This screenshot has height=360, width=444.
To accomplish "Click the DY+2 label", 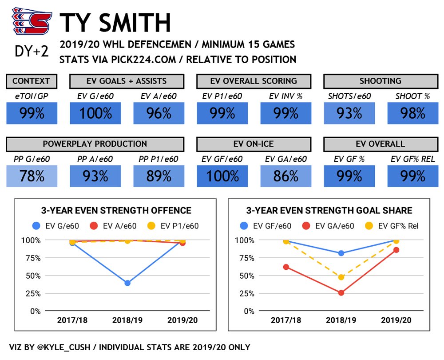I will tap(32, 52).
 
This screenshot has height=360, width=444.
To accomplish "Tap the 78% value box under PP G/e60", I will tap(32, 176).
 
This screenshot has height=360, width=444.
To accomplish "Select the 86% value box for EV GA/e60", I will tap(286, 176).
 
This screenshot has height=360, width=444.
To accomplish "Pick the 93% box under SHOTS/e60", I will tap(349, 113).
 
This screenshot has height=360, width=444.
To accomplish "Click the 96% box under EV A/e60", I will tap(159, 113).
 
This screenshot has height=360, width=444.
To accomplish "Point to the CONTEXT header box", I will tap(32, 81).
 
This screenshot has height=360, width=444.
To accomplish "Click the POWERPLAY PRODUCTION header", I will tap(95, 144).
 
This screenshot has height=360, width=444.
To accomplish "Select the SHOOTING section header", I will tap(381, 81).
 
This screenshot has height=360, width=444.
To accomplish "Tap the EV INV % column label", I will tap(285, 96).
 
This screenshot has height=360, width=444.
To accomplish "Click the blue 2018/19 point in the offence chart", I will tap(127, 283).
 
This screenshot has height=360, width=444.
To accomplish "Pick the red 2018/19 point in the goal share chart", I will tap(341, 293).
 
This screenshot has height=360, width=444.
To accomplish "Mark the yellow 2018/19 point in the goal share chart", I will tap(341, 277).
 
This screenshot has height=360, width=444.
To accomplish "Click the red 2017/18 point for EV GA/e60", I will tap(286, 267).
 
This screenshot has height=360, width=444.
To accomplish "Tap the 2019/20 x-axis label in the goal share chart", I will tap(396, 320).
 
